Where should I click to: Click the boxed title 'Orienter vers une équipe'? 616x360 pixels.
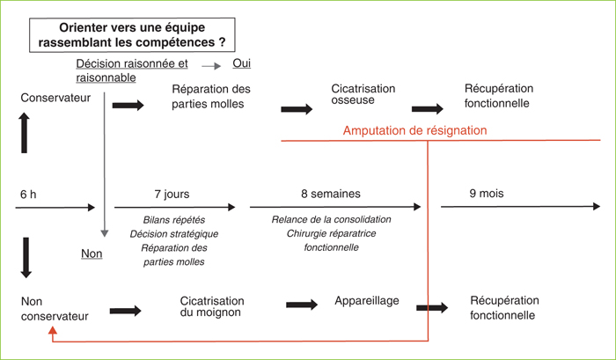pyautogui.click(x=132, y=28)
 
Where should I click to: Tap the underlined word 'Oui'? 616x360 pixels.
pyautogui.click(x=242, y=63)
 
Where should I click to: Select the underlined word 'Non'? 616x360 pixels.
pyautogui.click(x=92, y=253)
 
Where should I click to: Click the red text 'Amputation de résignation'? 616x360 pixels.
pyautogui.click(x=414, y=130)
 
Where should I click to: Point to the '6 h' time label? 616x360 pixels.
pyautogui.click(x=28, y=195)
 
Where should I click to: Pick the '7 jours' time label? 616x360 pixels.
pyautogui.click(x=172, y=195)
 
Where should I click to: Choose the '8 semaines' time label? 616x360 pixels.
pyautogui.click(x=331, y=194)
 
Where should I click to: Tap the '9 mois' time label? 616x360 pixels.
pyautogui.click(x=487, y=194)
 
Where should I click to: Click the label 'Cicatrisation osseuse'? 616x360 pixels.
pyautogui.click(x=363, y=94)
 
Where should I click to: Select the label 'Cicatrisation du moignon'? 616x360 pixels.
pyautogui.click(x=212, y=306)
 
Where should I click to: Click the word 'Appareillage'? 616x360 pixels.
pyautogui.click(x=367, y=301)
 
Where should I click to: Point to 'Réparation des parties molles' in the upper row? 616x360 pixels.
pyautogui.click(x=211, y=96)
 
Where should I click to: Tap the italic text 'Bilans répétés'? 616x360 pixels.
pyautogui.click(x=174, y=220)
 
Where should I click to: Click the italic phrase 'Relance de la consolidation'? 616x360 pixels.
pyautogui.click(x=331, y=219)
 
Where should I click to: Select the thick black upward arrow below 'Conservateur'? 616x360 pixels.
pyautogui.click(x=25, y=133)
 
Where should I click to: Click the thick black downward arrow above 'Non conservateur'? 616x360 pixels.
pyautogui.click(x=26, y=258)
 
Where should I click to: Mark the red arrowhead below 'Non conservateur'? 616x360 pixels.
pyautogui.click(x=53, y=330)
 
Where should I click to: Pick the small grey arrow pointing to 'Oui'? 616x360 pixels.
pyautogui.click(x=211, y=66)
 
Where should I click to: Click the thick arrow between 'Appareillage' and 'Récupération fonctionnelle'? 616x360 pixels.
pyautogui.click(x=432, y=308)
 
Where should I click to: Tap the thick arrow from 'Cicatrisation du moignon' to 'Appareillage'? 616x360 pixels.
pyautogui.click(x=302, y=305)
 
